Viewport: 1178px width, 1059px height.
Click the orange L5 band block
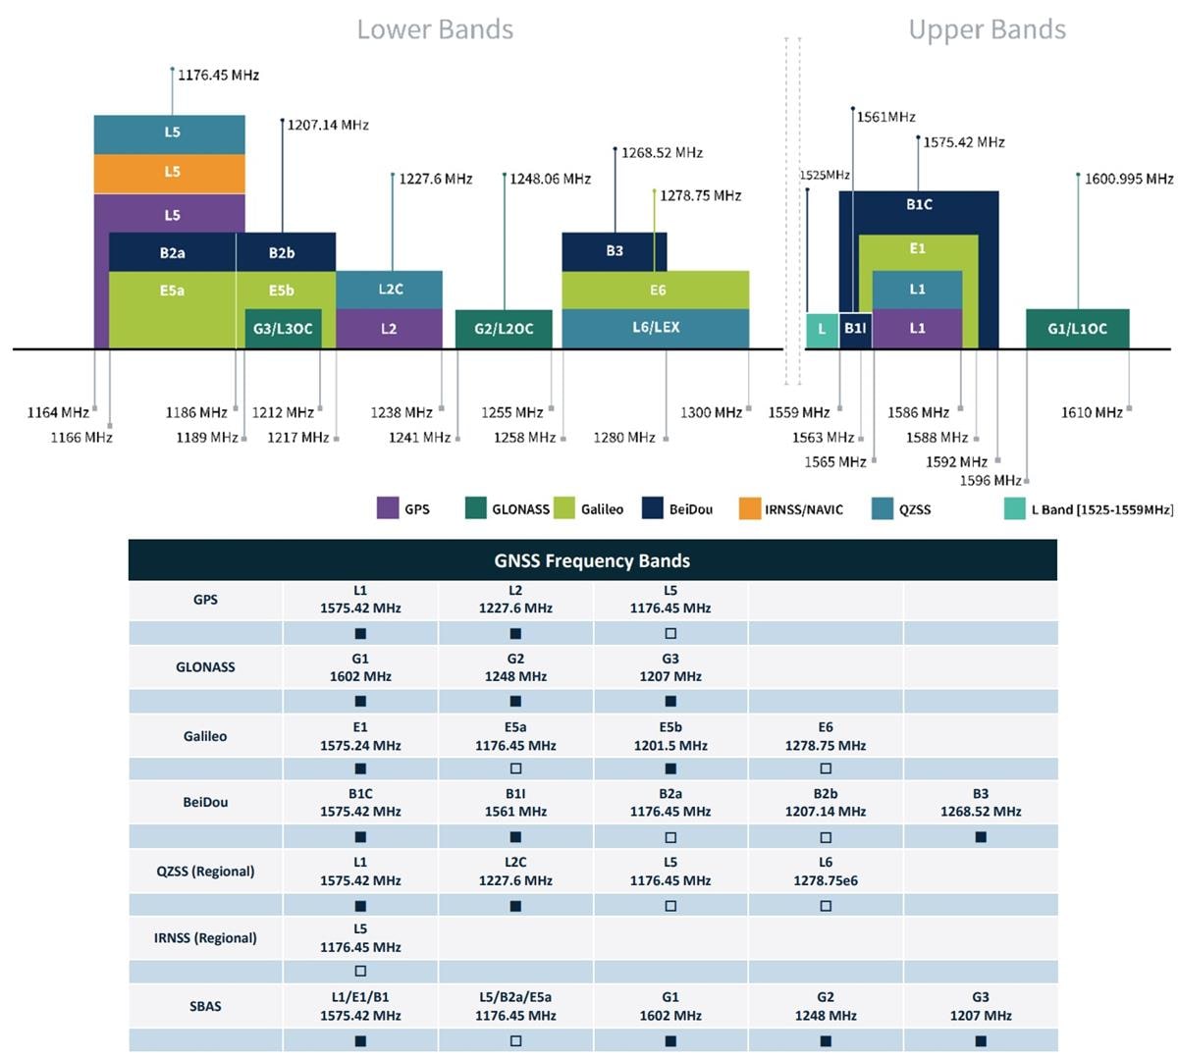pyautogui.click(x=170, y=173)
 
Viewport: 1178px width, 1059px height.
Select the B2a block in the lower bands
pyautogui.click(x=172, y=252)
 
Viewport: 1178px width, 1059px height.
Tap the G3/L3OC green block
pyautogui.click(x=283, y=329)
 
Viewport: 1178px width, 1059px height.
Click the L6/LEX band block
pyautogui.click(x=655, y=328)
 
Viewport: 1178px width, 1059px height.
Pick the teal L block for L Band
pyautogui.click(x=822, y=329)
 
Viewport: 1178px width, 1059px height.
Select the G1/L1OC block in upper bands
pyautogui.click(x=1077, y=329)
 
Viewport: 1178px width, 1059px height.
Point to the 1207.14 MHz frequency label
pyautogui.click(x=328, y=125)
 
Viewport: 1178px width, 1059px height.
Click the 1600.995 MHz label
pyautogui.click(x=1129, y=179)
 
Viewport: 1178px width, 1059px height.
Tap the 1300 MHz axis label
pyautogui.click(x=711, y=412)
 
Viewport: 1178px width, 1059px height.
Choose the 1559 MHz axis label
pyautogui.click(x=798, y=412)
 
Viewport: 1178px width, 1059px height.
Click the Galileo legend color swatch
pyautogui.click(x=564, y=507)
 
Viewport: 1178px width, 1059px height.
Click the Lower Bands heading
pyautogui.click(x=435, y=29)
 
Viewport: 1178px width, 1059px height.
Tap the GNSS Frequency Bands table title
pyautogui.click(x=592, y=560)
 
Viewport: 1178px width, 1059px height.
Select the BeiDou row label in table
pyautogui.click(x=205, y=802)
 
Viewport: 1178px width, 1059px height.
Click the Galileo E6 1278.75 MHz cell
pyautogui.click(x=826, y=736)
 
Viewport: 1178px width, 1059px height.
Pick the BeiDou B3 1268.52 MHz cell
pyautogui.click(x=981, y=802)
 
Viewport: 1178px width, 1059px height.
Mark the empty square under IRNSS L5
pyautogui.click(x=360, y=971)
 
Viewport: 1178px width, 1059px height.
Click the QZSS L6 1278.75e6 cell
pyautogui.click(x=826, y=871)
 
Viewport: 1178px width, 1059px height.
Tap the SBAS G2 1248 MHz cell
pyautogui.click(x=826, y=1006)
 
